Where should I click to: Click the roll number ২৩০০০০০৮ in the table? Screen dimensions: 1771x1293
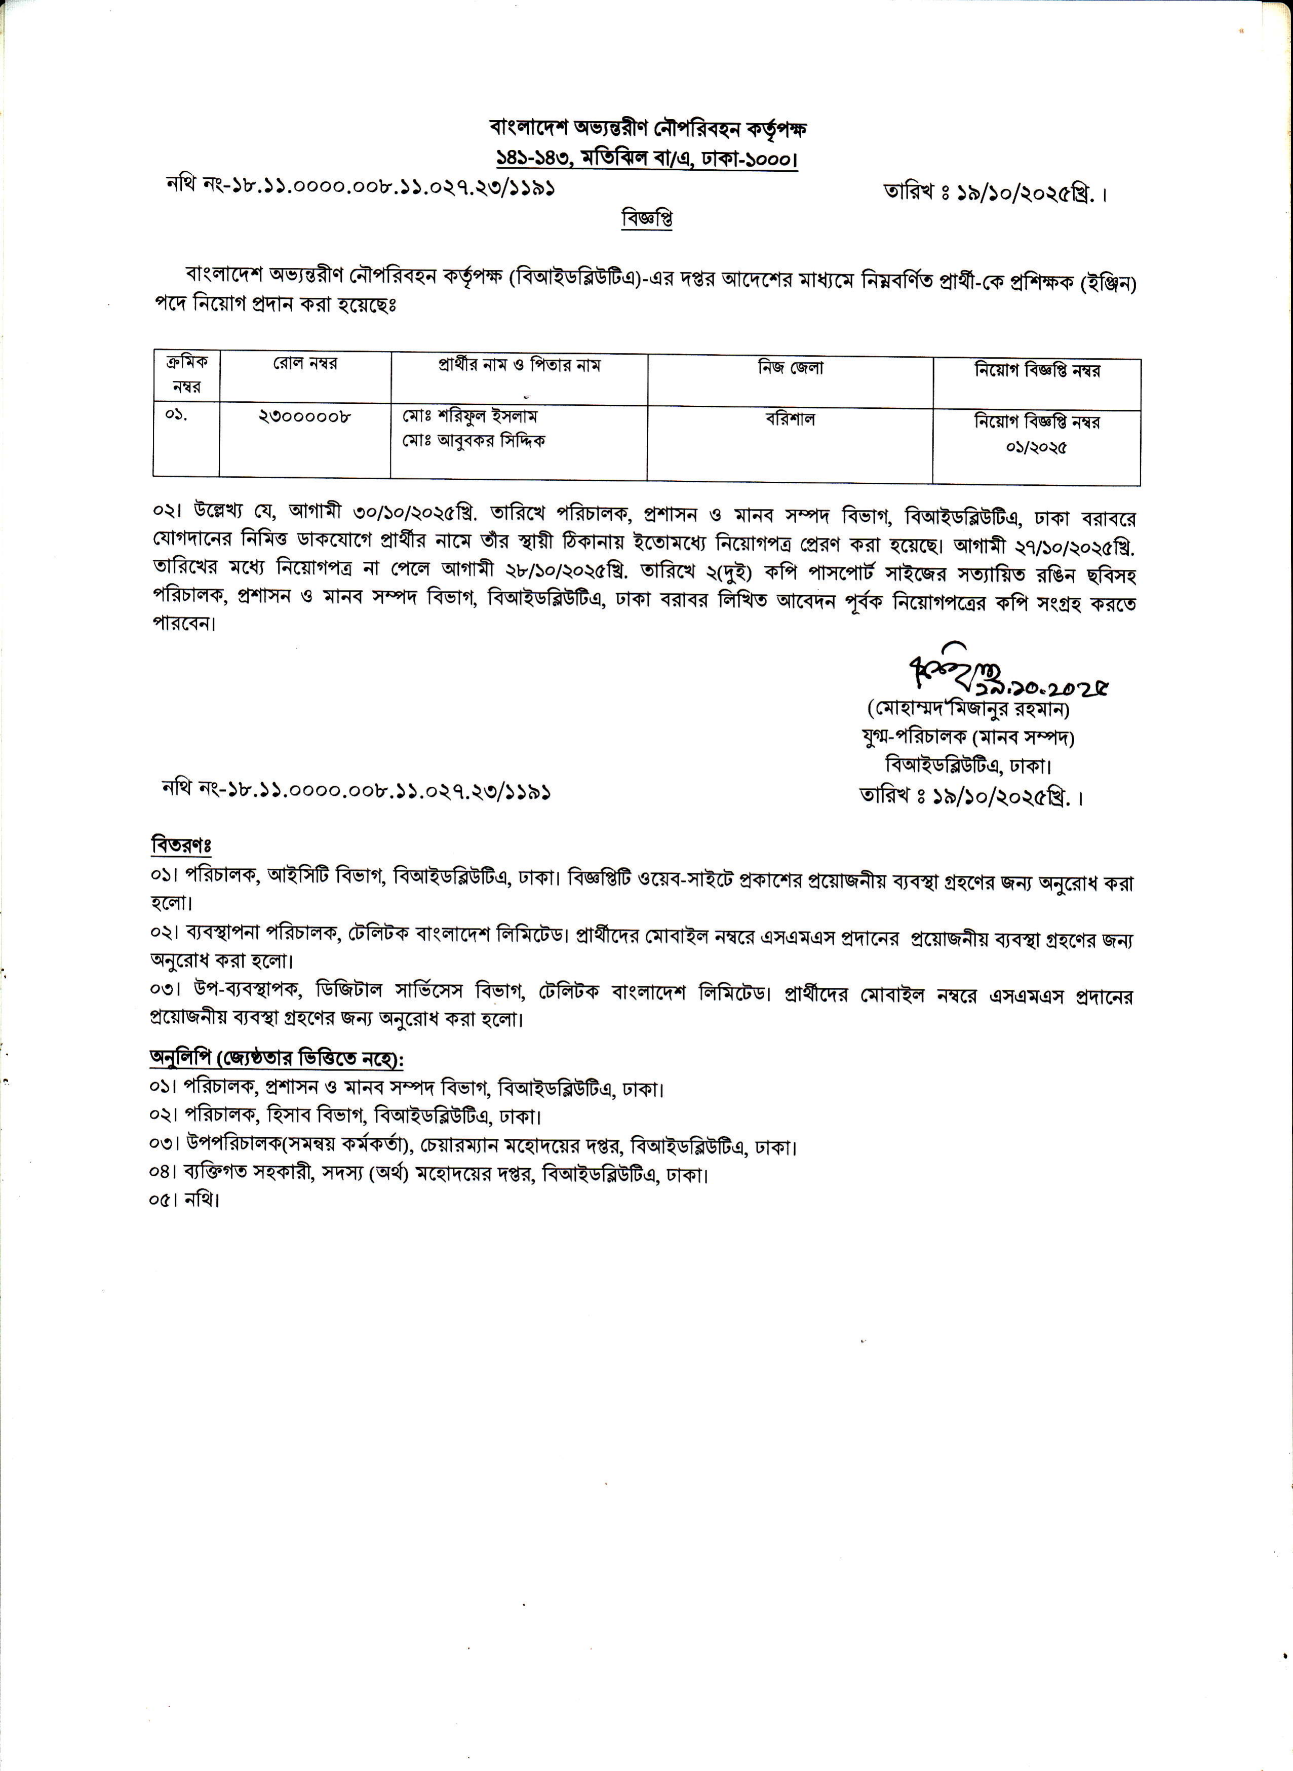[x=304, y=417]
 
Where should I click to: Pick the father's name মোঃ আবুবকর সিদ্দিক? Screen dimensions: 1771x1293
[x=474, y=441]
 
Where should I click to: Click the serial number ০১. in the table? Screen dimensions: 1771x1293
[x=176, y=415]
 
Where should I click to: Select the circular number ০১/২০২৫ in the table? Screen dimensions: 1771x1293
[x=1036, y=448]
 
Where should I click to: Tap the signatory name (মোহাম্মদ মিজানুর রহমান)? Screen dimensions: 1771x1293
[x=968, y=709]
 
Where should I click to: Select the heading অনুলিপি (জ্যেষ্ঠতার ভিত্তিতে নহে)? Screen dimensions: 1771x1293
[x=277, y=1059]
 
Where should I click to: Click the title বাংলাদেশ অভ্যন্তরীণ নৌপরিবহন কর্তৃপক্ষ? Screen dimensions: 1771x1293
[x=647, y=128]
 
